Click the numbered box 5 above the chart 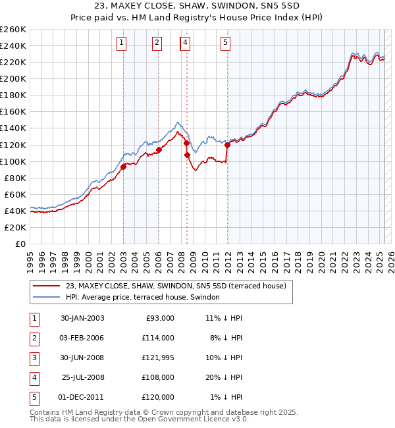click(x=225, y=43)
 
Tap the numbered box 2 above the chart click(x=157, y=43)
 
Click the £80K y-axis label click(x=15, y=178)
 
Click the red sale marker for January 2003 click(x=124, y=167)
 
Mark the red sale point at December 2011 click(x=227, y=144)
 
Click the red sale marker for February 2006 click(x=159, y=149)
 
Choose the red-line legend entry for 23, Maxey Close click(x=175, y=286)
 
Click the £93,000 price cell click(x=159, y=318)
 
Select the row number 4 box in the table click(x=34, y=377)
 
